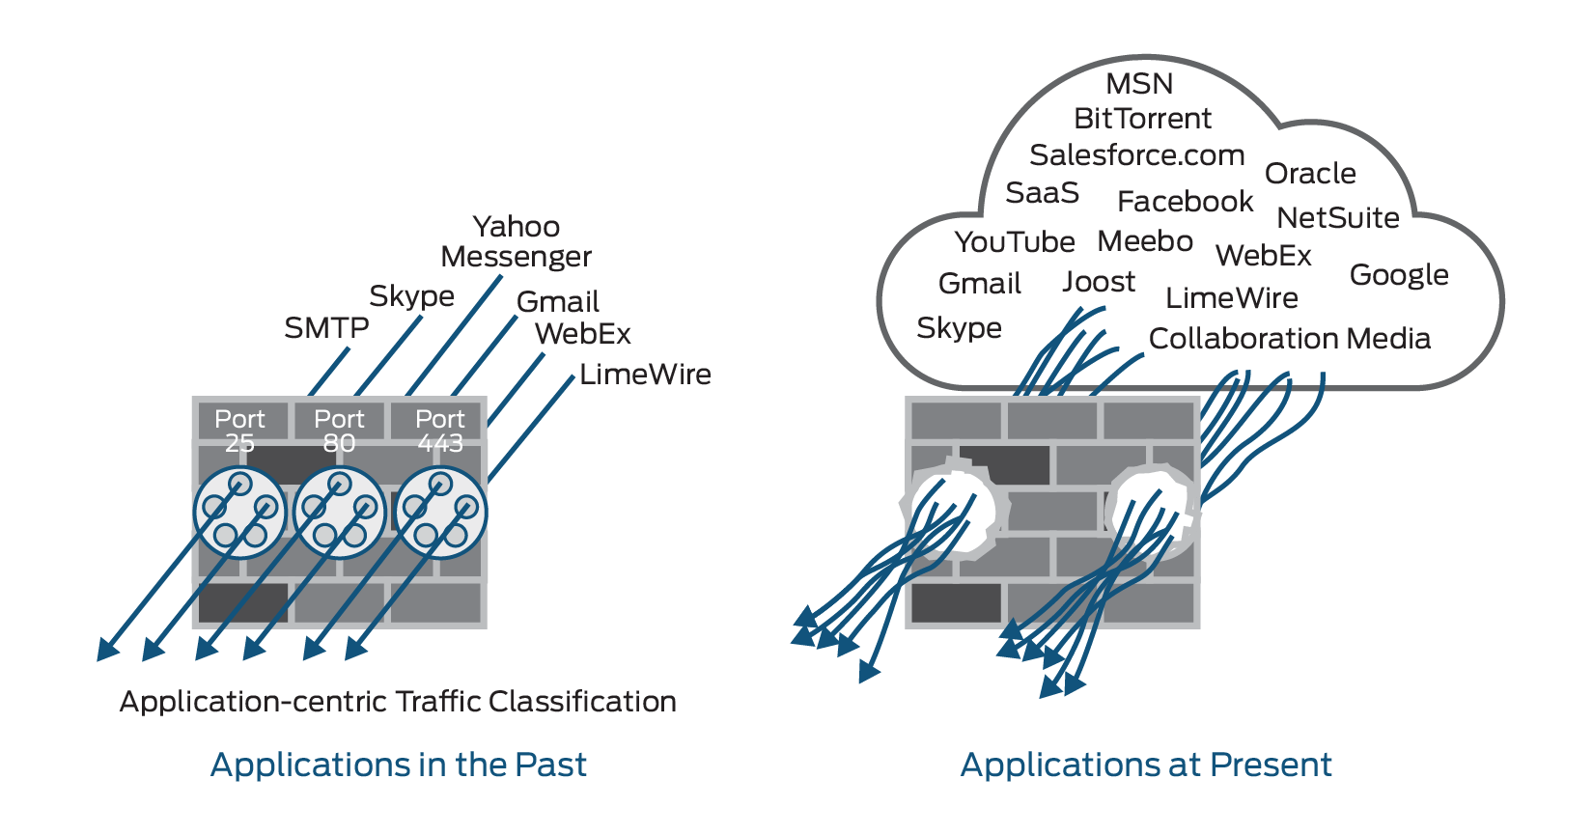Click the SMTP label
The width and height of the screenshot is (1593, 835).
(x=326, y=328)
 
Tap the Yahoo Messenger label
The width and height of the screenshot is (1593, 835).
(x=516, y=241)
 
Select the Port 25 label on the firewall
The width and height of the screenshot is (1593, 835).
(x=239, y=431)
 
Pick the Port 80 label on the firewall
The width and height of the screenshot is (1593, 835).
(x=339, y=431)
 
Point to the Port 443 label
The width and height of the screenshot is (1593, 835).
(x=439, y=431)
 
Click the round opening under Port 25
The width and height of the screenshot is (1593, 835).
(x=239, y=513)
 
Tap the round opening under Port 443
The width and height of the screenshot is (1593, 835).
(x=440, y=513)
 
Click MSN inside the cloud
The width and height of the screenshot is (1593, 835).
(x=1139, y=84)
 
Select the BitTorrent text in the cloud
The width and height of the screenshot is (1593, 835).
(x=1142, y=119)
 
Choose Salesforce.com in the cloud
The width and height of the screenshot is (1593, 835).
(x=1136, y=155)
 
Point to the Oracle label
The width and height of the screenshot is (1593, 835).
(x=1310, y=174)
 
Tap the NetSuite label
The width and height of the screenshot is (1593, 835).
(x=1337, y=218)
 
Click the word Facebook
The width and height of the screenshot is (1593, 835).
(x=1185, y=202)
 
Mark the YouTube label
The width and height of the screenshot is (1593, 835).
(x=1014, y=242)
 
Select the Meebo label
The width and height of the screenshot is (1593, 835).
(x=1145, y=241)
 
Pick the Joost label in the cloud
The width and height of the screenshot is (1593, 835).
(x=1099, y=282)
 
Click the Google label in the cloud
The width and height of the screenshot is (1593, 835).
(x=1399, y=275)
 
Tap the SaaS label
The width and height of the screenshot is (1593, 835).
(x=1042, y=193)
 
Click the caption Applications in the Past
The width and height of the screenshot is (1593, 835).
(x=398, y=765)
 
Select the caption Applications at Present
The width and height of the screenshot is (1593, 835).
(x=1146, y=765)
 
